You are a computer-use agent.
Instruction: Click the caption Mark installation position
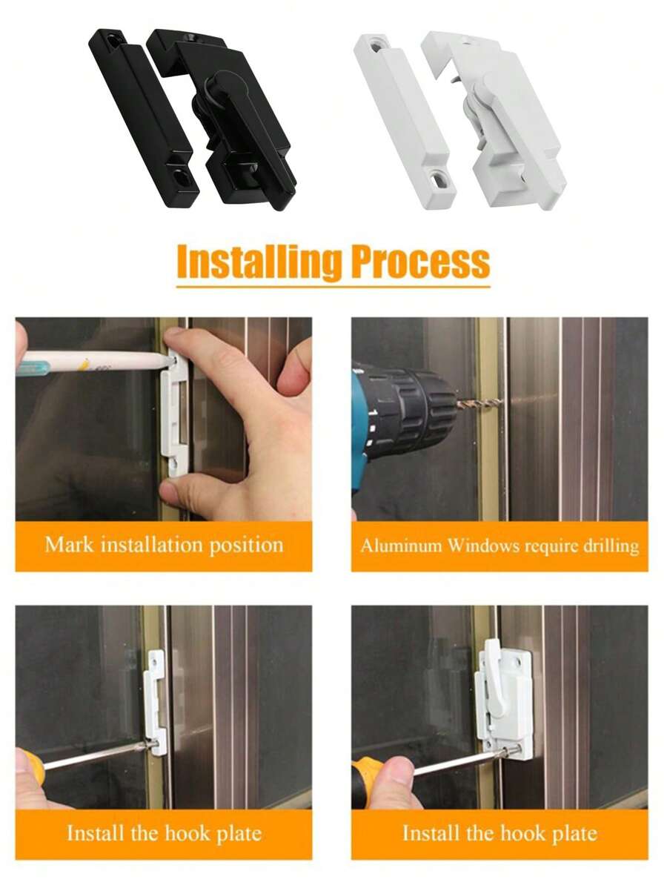(164, 546)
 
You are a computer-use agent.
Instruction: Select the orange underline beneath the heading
(333, 285)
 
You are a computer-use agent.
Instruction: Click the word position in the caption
(245, 546)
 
